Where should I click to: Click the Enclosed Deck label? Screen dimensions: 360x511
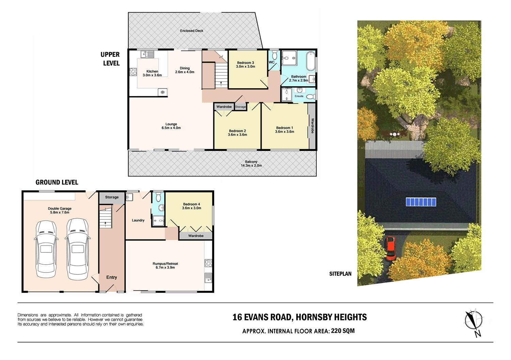[191, 31]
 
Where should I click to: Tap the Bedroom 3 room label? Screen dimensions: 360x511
[245, 65]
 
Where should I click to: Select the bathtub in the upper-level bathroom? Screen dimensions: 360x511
[310, 61]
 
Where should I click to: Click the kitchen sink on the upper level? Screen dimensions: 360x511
[147, 54]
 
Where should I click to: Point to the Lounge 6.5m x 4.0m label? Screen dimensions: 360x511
[171, 126]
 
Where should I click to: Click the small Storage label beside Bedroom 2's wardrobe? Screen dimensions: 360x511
[240, 107]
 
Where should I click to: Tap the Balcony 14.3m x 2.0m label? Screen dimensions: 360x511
[251, 163]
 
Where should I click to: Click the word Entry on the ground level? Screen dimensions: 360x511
[111, 277]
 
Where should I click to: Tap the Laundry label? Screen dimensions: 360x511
[138, 220]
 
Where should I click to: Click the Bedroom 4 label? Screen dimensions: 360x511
[191, 206]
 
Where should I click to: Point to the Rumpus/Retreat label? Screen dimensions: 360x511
[165, 265]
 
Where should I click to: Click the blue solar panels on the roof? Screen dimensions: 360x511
[421, 202]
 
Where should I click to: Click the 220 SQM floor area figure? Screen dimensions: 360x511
[343, 331]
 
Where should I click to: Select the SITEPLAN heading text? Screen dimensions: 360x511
[340, 274]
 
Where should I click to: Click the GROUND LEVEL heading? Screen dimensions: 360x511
[57, 182]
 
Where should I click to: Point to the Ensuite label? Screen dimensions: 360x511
[299, 96]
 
